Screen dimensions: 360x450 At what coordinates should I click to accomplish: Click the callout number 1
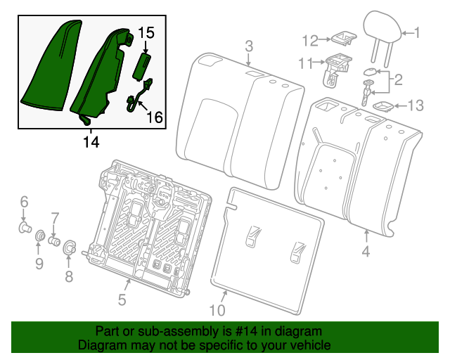tap(416, 32)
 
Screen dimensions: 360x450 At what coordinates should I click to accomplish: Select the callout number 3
tap(248, 46)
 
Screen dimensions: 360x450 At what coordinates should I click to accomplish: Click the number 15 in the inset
tap(146, 32)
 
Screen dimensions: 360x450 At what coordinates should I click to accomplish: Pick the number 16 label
tap(154, 117)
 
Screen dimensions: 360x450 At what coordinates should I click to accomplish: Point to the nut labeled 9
tap(40, 236)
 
